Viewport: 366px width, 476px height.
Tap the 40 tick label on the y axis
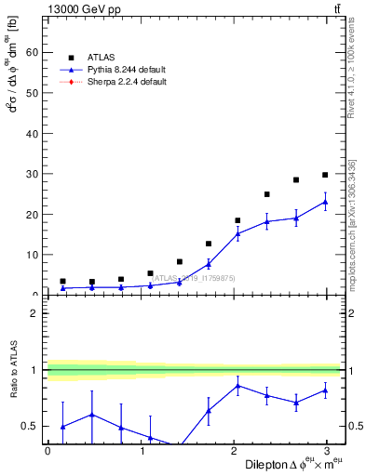tap(31, 134)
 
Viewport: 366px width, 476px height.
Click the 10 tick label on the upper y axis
tap(31, 255)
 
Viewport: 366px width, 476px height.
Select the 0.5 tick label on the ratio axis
tap(29, 427)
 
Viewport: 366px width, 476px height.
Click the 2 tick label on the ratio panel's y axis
tap(34, 313)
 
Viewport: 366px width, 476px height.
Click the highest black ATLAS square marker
tap(325, 175)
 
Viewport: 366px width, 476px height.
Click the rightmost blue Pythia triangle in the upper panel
tap(325, 202)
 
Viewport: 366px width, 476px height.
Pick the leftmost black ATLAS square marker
tap(62, 281)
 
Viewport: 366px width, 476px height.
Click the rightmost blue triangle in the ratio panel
tap(325, 390)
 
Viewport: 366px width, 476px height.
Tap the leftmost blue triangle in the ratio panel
tap(62, 427)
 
